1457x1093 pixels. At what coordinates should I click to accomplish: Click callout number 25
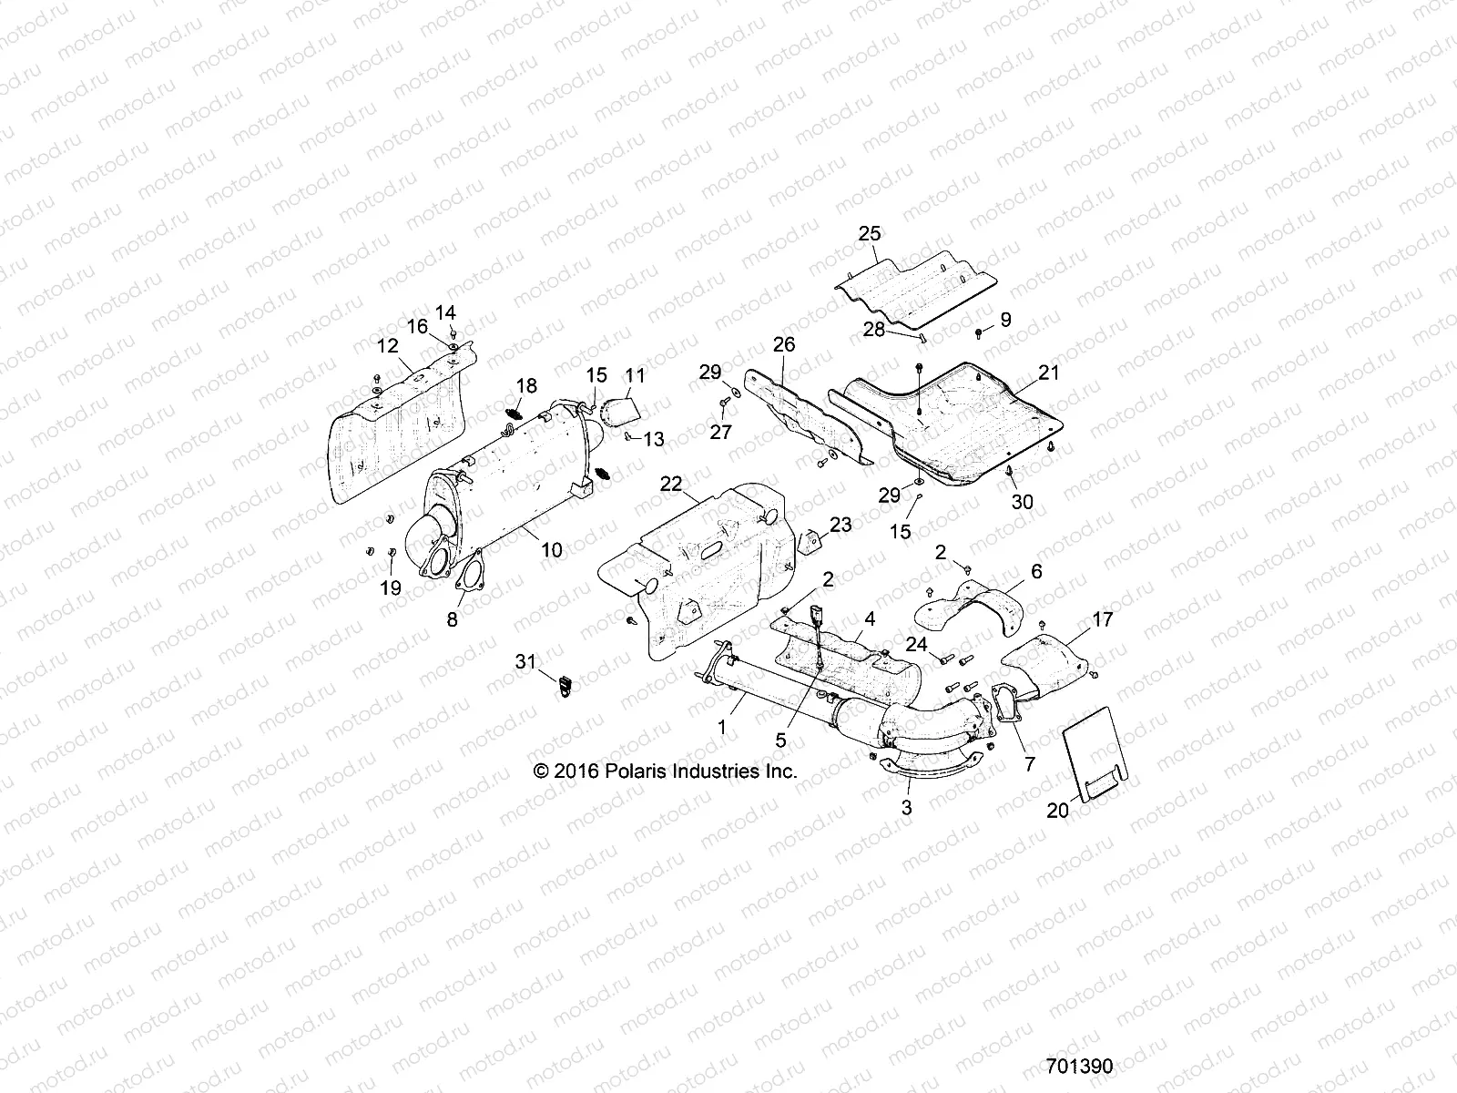(x=870, y=234)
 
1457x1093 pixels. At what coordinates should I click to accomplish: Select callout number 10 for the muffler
(x=552, y=550)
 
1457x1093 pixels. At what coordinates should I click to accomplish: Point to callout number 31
(x=526, y=662)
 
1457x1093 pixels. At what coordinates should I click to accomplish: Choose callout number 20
(x=1057, y=809)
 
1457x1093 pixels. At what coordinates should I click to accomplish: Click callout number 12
(x=387, y=346)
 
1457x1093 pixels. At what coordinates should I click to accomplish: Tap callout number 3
(x=906, y=807)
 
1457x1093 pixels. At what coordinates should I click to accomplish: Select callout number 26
(x=784, y=344)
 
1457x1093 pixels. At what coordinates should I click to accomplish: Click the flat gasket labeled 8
(x=466, y=587)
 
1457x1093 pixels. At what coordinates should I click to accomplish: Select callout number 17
(x=1103, y=619)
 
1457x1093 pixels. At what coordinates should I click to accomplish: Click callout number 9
(x=1005, y=320)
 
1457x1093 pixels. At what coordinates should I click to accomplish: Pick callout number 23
(x=841, y=525)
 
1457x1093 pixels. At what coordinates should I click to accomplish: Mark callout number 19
(x=390, y=588)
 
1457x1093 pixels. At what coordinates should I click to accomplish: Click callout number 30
(x=1023, y=502)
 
